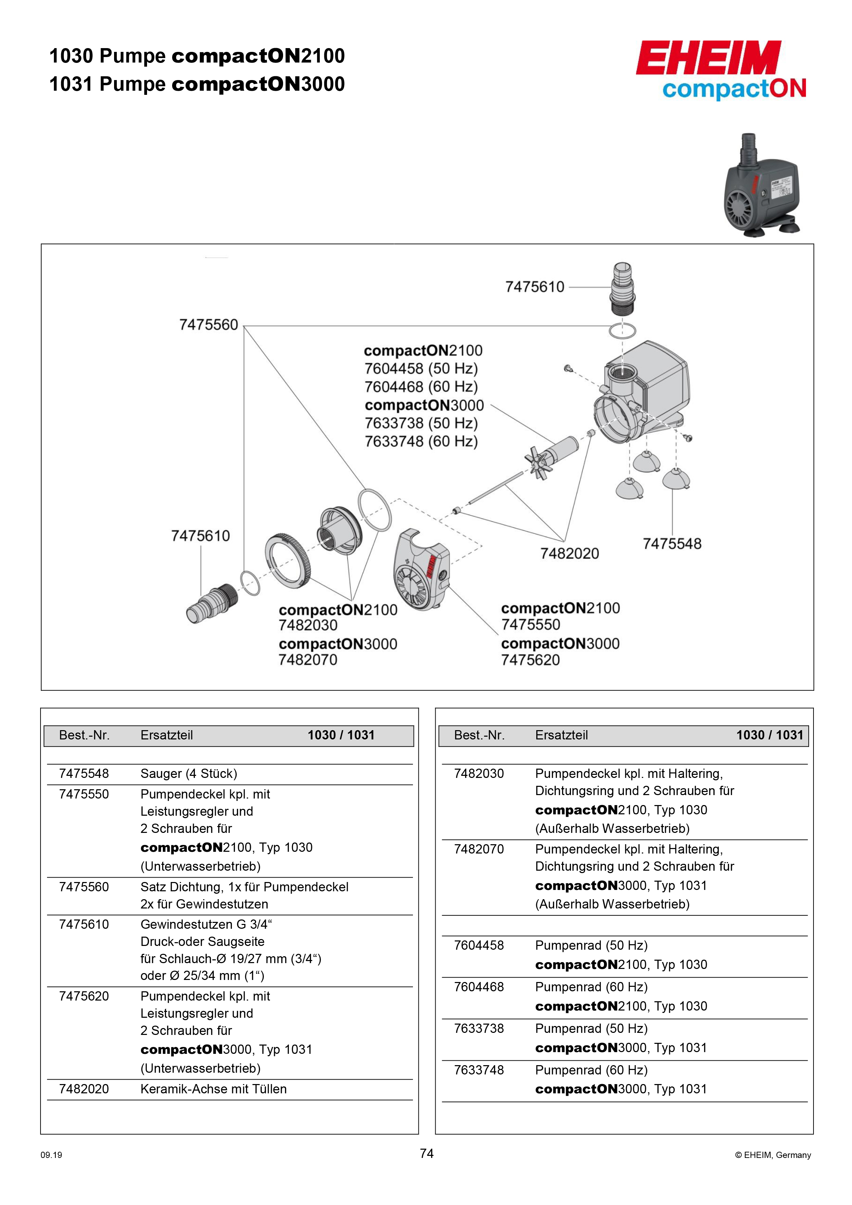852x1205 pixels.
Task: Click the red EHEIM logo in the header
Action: (x=708, y=58)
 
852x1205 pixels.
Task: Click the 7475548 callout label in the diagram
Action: (x=672, y=544)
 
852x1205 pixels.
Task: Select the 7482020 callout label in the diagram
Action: (x=570, y=553)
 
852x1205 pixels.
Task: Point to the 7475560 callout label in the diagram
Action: (x=209, y=325)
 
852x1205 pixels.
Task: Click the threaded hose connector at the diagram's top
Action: (x=623, y=289)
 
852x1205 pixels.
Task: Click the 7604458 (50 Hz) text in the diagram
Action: (x=421, y=368)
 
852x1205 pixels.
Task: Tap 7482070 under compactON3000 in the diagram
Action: (x=308, y=660)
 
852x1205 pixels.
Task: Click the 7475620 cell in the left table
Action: (x=84, y=996)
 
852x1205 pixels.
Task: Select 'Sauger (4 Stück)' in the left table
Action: (x=189, y=773)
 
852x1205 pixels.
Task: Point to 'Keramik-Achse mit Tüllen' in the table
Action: (x=214, y=1089)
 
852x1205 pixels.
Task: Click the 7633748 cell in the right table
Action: (x=479, y=1070)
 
